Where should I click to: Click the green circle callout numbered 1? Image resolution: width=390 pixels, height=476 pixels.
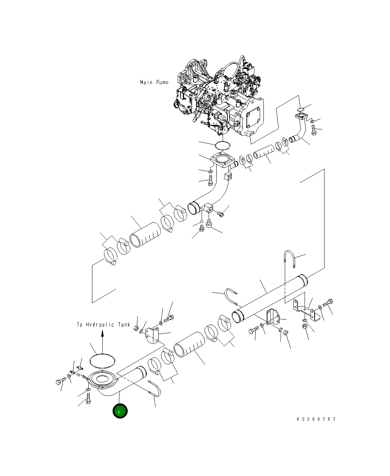[120, 411]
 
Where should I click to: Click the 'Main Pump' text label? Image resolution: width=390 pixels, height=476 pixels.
[154, 82]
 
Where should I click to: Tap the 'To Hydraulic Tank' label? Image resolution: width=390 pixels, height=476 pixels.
[103, 325]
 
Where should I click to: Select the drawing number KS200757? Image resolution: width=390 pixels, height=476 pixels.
[316, 419]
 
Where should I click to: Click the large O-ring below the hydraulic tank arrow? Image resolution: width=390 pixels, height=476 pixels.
[102, 360]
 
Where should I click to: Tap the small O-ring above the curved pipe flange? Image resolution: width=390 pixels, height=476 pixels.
[300, 109]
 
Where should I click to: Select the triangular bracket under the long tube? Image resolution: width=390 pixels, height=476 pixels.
[273, 318]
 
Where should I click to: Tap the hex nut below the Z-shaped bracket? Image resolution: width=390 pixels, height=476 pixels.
[305, 327]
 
